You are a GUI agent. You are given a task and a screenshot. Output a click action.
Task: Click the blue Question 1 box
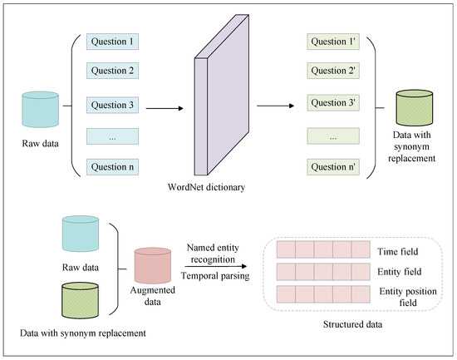click(112, 42)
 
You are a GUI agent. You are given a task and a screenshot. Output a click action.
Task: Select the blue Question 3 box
click(112, 105)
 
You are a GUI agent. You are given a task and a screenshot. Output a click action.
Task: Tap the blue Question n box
click(112, 167)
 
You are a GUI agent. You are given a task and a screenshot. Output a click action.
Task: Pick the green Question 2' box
click(333, 71)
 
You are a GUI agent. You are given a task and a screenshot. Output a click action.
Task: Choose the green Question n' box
click(333, 167)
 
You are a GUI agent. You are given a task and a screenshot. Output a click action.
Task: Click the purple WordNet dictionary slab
click(222, 95)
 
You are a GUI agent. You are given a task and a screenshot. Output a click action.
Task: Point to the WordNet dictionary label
click(206, 187)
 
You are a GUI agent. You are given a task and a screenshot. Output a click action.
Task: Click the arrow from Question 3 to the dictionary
click(165, 109)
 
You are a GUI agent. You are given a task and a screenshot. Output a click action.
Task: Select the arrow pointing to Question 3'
click(275, 106)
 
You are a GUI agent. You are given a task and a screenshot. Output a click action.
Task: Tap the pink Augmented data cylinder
click(153, 265)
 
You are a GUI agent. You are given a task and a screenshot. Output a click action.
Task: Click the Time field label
click(397, 251)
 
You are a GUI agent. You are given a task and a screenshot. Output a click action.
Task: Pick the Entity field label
click(400, 272)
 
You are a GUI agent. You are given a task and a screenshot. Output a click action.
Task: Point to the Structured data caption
click(352, 324)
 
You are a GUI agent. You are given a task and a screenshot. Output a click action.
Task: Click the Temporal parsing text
click(215, 276)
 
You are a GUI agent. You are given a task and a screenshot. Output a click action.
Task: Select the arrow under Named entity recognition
click(216, 266)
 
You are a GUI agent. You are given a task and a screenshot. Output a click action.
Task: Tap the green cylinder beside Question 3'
click(414, 108)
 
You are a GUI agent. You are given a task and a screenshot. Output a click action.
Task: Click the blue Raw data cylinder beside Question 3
click(41, 110)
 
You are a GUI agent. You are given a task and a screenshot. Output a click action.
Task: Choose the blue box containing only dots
click(112, 136)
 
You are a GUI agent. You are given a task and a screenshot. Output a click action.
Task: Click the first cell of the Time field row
click(286, 249)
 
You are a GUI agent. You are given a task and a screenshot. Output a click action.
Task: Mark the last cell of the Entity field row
click(361, 272)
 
